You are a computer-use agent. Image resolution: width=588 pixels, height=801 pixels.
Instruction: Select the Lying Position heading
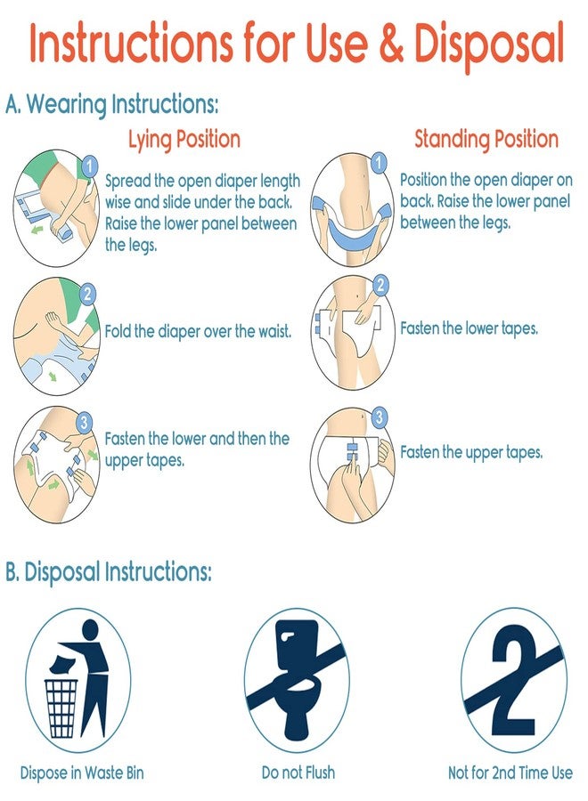(184, 140)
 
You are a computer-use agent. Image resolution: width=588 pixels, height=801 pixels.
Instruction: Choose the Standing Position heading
(486, 139)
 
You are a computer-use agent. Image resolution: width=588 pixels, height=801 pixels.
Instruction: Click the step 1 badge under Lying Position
(89, 166)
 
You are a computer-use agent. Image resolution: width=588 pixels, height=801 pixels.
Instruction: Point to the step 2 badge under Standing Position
(380, 285)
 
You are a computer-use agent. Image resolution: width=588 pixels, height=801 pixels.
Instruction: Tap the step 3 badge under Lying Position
(85, 422)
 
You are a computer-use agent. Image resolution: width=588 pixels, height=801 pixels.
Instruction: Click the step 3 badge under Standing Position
(379, 417)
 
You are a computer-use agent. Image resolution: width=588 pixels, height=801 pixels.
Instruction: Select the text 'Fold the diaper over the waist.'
(199, 332)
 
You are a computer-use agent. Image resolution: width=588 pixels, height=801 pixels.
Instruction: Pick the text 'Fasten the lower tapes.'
(470, 328)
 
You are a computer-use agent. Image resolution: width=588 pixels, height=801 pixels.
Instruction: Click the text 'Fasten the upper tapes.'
(471, 453)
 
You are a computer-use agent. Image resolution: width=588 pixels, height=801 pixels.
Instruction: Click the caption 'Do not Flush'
(298, 772)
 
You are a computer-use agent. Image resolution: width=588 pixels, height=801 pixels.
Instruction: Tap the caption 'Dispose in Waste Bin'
(82, 773)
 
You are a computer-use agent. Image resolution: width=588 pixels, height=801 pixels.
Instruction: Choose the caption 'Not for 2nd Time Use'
(510, 772)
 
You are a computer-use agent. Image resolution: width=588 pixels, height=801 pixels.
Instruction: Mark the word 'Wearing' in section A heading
(67, 105)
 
